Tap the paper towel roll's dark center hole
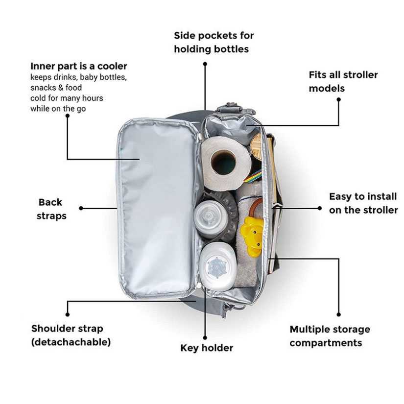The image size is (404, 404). (224, 163)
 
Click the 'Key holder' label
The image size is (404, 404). (207, 348)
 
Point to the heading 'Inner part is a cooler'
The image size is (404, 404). (78, 66)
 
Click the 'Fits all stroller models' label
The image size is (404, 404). (343, 82)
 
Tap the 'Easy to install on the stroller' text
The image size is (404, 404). (363, 203)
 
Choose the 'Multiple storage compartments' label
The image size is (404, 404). (329, 336)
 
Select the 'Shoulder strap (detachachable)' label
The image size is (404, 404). (71, 335)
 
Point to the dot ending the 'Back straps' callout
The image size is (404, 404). (81, 208)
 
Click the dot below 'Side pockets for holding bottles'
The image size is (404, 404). (205, 64)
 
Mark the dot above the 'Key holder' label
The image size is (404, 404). (205, 337)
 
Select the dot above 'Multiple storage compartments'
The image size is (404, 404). (338, 314)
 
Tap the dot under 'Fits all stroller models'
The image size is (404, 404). (338, 99)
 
